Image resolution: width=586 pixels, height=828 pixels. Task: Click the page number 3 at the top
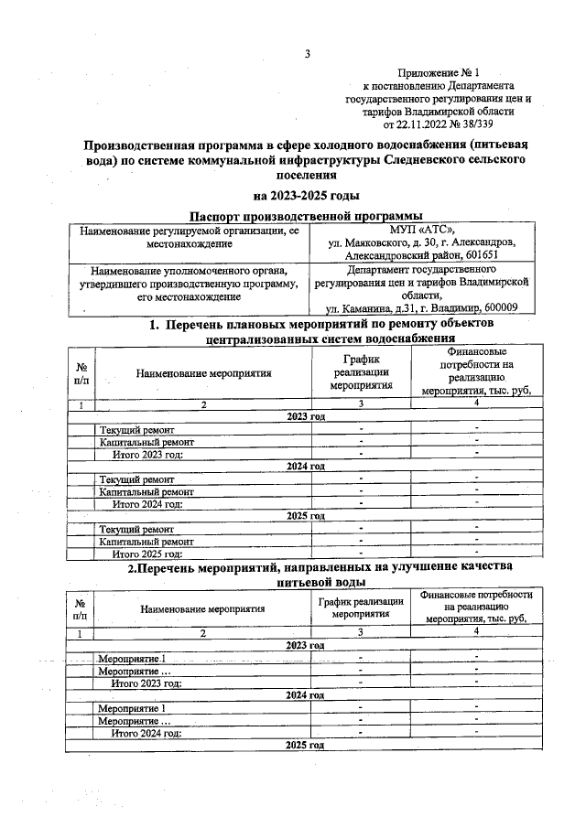coord(307,54)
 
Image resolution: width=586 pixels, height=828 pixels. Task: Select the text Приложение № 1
coord(439,72)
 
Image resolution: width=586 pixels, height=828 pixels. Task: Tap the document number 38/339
coord(486,123)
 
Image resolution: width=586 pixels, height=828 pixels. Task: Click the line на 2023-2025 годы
coord(306,195)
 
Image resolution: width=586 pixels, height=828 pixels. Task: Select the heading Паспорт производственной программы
coord(306,215)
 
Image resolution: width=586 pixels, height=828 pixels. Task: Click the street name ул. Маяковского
coord(369,243)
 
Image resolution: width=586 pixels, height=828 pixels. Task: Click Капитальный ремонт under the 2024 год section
coord(146,491)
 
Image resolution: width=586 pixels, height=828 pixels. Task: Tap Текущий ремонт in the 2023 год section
coord(137,430)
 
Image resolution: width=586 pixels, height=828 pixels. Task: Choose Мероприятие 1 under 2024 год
coord(133,707)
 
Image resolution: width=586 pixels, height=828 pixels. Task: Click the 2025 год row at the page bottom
coord(306,746)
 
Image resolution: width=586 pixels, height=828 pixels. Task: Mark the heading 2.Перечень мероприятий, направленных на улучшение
coord(306,568)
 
